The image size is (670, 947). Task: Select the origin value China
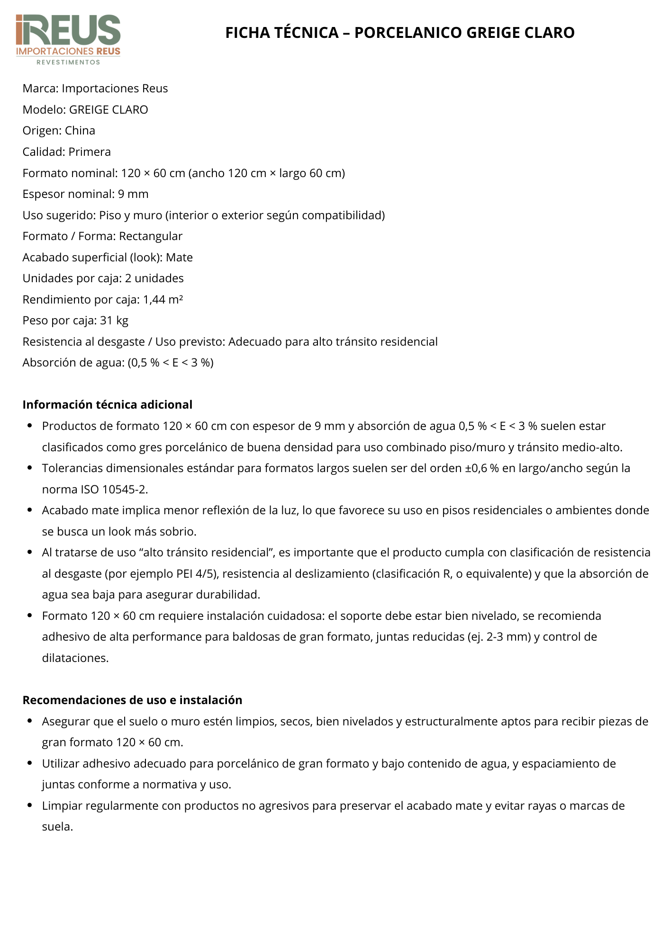pos(80,131)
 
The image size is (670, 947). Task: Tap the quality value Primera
pos(90,152)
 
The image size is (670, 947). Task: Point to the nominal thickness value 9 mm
pos(133,194)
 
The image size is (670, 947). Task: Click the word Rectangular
pos(151,236)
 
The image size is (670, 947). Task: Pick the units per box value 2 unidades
pos(154,278)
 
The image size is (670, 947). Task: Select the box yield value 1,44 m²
pos(163,300)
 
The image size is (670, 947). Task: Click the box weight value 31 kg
pos(114,321)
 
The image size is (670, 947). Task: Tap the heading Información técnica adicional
pos(108,405)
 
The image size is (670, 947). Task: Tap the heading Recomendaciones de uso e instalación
pos(132,700)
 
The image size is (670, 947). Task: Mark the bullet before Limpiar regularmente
pos(30,805)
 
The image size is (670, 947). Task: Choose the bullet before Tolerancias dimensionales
pos(30,468)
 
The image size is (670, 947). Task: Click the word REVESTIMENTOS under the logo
pos(69,62)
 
